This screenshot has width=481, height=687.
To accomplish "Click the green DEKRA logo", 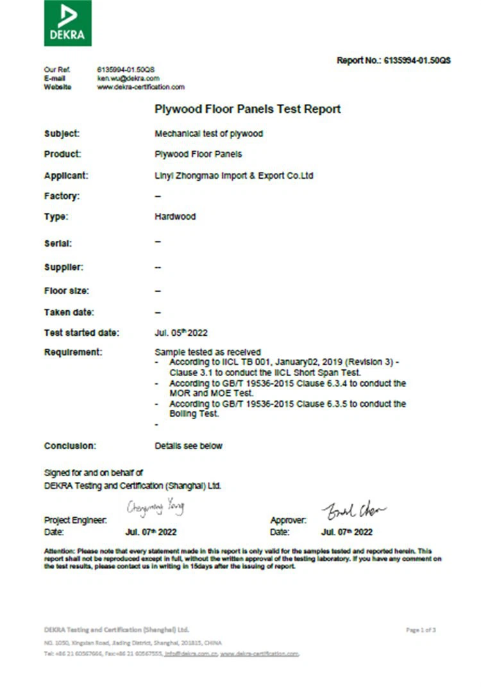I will [67, 23].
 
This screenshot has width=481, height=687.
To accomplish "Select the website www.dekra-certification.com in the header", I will [140, 87].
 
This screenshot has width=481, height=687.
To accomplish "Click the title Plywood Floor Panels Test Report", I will [248, 109].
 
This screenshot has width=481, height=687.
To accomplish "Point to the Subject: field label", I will [62, 134].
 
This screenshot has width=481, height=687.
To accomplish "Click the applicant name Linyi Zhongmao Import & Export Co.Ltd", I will [233, 175].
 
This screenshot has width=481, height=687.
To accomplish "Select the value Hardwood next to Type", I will [175, 217].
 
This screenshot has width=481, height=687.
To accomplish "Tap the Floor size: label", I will [66, 291].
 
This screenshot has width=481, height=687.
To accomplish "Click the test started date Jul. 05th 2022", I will [181, 333].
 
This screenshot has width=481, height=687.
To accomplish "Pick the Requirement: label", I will [72, 352].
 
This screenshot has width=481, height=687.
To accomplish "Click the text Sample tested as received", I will [208, 352].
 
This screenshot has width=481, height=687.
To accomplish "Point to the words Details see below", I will [189, 445].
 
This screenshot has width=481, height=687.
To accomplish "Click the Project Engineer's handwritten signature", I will [155, 509].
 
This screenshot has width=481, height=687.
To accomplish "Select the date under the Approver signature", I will [346, 532].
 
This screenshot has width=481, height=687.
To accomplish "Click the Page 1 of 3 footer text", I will [421, 630].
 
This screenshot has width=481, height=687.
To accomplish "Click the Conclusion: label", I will [70, 445].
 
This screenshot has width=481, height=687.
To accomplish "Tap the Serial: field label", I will [58, 244].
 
